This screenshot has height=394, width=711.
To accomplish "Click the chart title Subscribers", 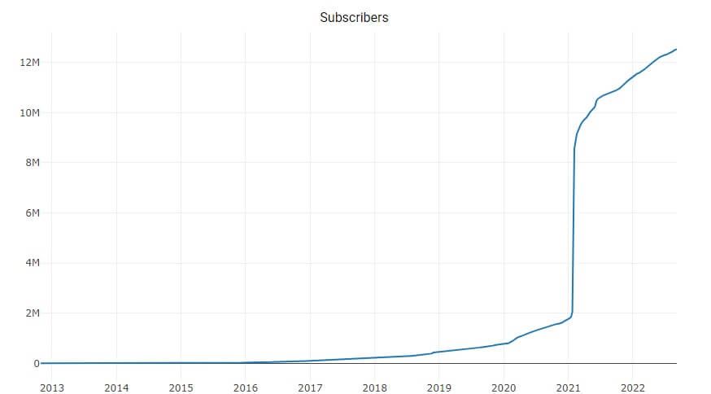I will pos(354,17).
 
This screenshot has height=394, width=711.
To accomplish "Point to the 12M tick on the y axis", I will pos(29,63).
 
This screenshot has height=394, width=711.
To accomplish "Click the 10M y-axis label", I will pos(29,112).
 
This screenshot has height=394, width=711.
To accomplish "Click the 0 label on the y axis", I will pos(36,364).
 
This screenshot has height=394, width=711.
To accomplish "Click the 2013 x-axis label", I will pos(52,387).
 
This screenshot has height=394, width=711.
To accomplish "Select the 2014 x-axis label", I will pos(116,387).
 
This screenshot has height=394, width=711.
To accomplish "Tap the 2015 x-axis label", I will pos(181,387).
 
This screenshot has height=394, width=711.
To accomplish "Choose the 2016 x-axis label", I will pos(246,387).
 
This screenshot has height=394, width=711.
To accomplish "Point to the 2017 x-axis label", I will pos(310,387).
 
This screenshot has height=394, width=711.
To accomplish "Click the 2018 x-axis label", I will pos(374,387).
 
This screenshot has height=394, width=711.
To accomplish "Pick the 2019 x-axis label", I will pos(438,387).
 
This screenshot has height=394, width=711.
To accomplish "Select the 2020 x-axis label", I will pos(504,387).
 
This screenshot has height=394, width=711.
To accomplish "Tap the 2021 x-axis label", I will pos(568,387).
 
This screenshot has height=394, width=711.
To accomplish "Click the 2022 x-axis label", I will pos(632,387).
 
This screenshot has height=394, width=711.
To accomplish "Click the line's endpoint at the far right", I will pos(676,50).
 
